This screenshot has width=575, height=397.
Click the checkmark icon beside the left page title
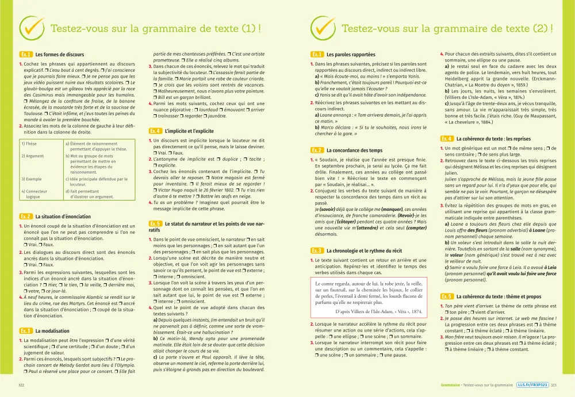point(32,27)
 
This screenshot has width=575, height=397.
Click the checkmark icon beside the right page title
point(322,27)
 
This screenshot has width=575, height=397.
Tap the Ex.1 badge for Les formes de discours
point(26,55)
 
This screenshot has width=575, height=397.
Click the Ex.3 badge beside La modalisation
point(26,331)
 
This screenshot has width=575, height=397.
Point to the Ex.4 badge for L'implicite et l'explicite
point(155,131)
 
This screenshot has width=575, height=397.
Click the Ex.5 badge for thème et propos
point(447,296)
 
